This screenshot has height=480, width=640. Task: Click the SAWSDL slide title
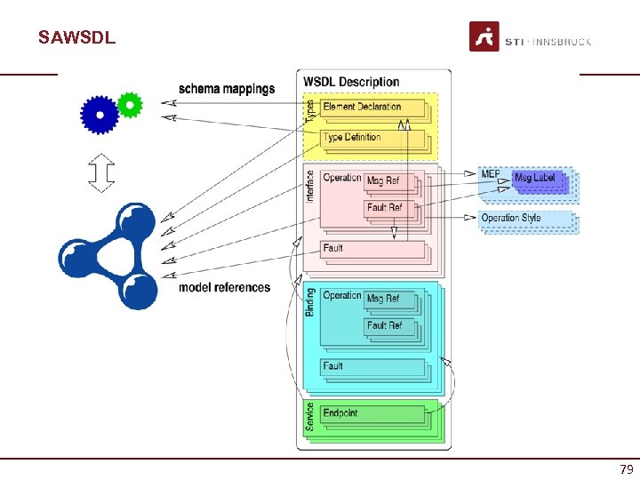(76, 38)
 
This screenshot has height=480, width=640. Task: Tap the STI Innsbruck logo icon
(484, 37)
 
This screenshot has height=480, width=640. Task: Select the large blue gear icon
(100, 115)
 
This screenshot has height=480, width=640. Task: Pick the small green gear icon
(130, 105)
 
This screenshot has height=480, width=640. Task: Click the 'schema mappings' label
(227, 89)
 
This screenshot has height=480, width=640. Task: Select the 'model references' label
(224, 287)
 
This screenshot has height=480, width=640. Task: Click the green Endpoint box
(372, 413)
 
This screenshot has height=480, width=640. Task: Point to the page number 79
(626, 469)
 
